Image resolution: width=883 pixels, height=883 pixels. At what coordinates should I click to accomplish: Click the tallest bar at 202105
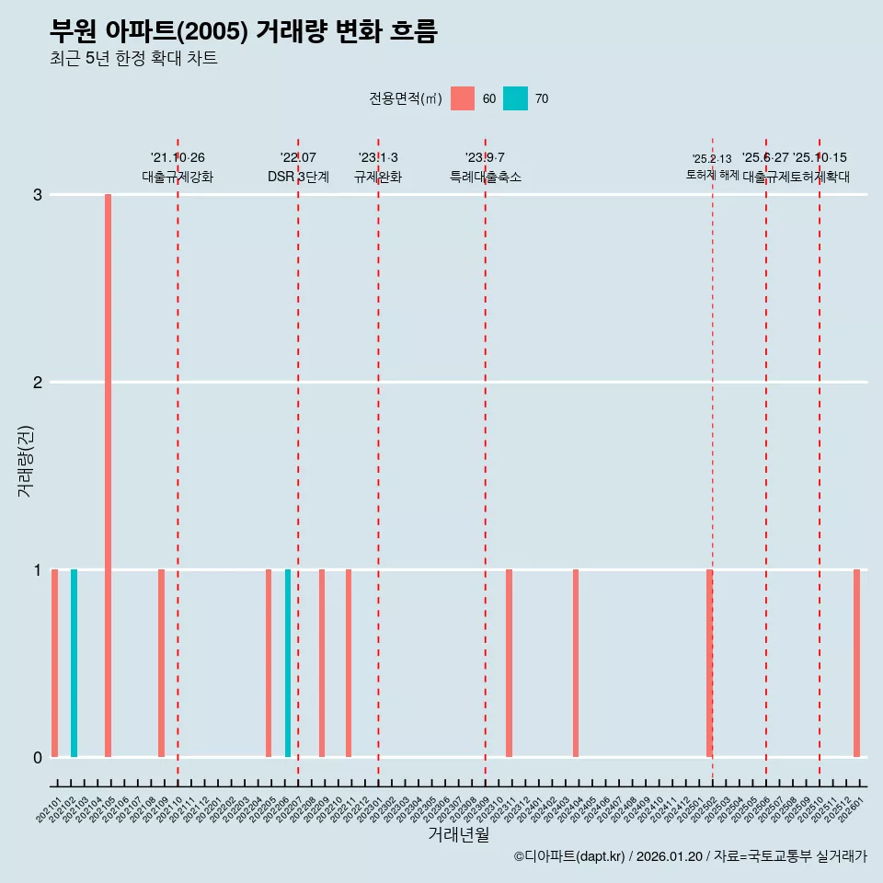108,476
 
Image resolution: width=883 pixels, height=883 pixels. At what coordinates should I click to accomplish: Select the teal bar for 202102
75,663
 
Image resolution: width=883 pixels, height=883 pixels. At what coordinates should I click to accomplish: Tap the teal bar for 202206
288,663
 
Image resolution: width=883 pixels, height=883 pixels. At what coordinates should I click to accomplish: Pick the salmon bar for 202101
55,663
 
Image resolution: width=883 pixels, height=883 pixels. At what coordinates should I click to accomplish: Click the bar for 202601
856,663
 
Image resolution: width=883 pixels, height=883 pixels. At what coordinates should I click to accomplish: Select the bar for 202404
576,663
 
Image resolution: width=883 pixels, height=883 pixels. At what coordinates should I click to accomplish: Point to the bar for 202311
509,663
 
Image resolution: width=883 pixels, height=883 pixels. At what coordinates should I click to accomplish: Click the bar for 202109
161,663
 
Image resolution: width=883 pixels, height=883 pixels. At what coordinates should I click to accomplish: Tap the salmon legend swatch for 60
463,98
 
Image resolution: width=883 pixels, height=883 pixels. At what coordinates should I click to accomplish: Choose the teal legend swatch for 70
515,98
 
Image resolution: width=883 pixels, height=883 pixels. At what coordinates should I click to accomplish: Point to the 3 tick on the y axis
38,195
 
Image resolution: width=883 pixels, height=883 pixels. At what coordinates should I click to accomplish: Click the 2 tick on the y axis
38,383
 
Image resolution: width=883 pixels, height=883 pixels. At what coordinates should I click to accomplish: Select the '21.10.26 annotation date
178,158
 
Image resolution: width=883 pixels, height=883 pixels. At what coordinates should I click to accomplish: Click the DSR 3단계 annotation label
298,177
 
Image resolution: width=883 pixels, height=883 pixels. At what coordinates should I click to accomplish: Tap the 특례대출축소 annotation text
485,177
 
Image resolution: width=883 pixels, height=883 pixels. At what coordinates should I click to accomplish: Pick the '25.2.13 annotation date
712,159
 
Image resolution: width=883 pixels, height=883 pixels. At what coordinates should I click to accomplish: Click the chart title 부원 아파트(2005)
243,32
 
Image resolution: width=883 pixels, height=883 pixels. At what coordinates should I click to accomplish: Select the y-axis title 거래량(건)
26,460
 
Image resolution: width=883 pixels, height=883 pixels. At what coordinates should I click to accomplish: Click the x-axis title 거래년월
458,834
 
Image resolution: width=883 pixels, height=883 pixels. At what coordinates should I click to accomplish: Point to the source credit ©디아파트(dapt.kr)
569,856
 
